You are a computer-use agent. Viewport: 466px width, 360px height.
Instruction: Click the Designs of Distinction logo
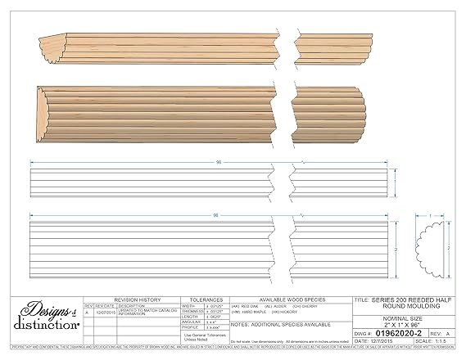point(40,318)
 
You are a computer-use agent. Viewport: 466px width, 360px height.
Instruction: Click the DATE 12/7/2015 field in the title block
point(378,342)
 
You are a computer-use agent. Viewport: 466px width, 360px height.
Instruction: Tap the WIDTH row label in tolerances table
point(188,306)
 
